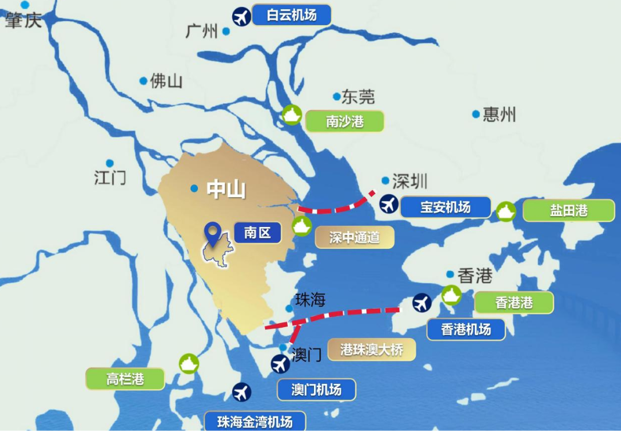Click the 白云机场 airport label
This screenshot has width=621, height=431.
coord(292,15)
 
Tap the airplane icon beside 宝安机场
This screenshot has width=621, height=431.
coord(389,204)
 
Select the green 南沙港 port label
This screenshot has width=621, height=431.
coord(344,121)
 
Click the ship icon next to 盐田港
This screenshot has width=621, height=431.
coord(506,211)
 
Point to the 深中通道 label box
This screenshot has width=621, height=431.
coord(354,237)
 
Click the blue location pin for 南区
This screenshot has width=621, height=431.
coord(214,233)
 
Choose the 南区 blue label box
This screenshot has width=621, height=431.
coord(257,233)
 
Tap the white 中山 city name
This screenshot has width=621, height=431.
coord(226,189)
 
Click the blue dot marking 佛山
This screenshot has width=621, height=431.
coord(143,81)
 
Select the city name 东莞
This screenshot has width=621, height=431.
coord(358,97)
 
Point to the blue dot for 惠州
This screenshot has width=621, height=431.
coord(476,114)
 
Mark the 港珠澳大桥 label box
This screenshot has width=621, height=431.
coord(371,349)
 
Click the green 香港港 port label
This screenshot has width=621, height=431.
coord(513,302)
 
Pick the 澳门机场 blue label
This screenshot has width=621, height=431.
coord(316,390)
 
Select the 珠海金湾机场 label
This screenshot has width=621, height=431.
coord(255,421)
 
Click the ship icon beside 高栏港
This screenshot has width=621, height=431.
coord(189,364)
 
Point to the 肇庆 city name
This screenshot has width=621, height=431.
coord(24,21)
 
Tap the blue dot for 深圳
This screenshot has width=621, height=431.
coord(385,180)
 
